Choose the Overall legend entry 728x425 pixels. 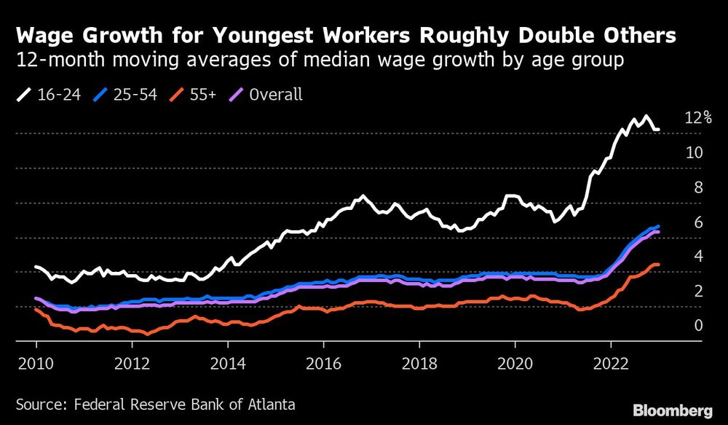point(275,94)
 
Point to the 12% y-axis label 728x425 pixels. point(698,117)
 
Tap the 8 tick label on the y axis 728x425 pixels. point(697,187)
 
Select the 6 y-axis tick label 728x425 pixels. point(697,222)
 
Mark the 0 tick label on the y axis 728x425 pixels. point(697,325)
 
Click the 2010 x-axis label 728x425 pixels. point(36,362)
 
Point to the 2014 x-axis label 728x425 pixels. point(227,362)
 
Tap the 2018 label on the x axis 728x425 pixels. point(419,362)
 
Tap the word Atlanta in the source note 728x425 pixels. point(270,403)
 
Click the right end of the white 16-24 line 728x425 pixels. point(658,130)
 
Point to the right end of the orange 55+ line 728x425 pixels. point(658,265)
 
